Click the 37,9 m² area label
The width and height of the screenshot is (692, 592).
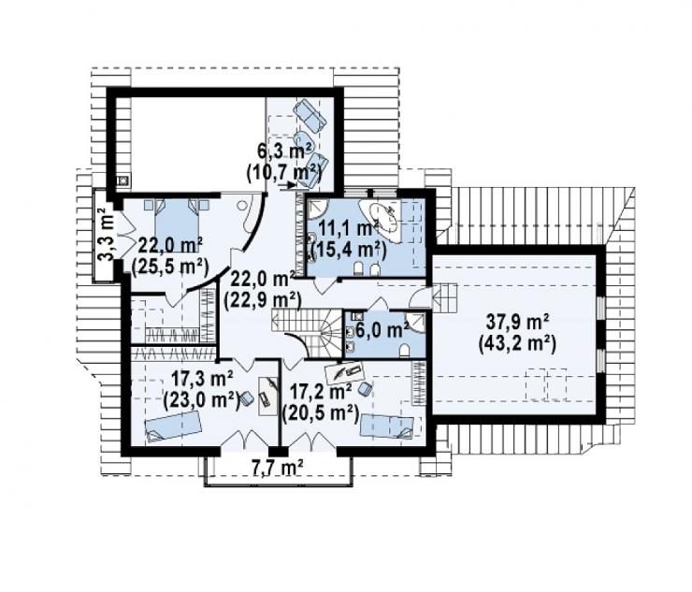pos(517,323)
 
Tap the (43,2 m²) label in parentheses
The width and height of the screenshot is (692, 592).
pos(517,344)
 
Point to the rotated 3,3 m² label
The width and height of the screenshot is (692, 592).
pos(106,234)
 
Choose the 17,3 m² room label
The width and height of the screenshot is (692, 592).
pos(202,379)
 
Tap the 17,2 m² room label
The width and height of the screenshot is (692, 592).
pos(320,391)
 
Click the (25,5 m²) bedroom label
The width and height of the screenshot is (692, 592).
pos(170,266)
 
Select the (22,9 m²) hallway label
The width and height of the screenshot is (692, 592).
pos(262,300)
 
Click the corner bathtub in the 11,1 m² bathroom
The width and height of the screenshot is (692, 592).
pos(380,221)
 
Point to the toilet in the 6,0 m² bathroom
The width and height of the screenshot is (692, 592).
pos(404,351)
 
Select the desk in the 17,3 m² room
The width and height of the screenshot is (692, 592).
pos(268,395)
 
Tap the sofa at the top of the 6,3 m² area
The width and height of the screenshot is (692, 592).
pos(310,113)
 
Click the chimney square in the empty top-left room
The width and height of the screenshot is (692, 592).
pos(123,180)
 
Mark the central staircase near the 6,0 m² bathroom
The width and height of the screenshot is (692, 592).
pos(307,332)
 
